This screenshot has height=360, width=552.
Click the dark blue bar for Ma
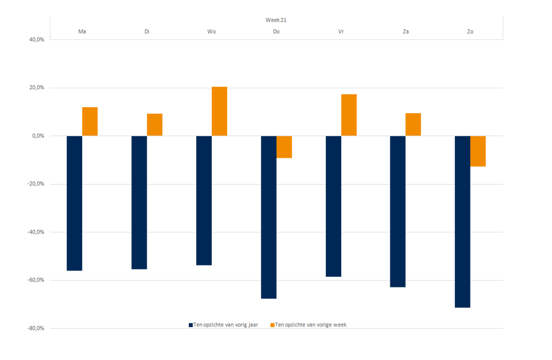74,203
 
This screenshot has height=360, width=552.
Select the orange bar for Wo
219,111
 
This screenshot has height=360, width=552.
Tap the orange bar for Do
284,147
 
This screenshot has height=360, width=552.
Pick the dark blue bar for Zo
462,221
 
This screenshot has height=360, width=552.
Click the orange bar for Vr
349,115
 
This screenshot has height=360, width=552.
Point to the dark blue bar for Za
398,211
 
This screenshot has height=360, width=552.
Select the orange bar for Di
155,124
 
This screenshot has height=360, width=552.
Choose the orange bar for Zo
478,151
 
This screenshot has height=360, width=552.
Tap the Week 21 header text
276,20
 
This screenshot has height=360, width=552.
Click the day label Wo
212,32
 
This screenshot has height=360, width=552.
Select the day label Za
406,32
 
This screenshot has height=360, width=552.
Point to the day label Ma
82,32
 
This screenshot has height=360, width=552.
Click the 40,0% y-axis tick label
36,39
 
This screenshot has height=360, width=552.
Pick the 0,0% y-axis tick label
37,136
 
